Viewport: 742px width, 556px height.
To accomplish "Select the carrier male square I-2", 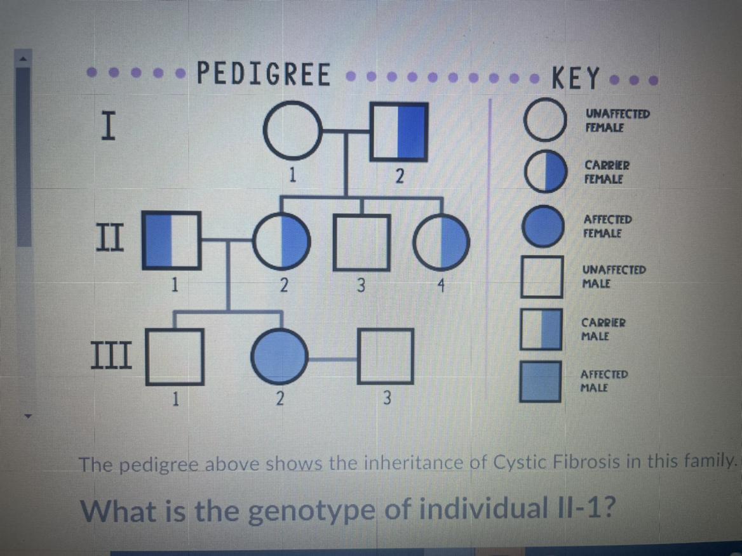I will pyautogui.click(x=398, y=131).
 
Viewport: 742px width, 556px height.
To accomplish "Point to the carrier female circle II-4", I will pyautogui.click(x=442, y=242).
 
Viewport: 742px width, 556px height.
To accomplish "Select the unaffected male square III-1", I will pyautogui.click(x=175, y=356).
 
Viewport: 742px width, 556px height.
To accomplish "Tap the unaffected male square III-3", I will pyautogui.click(x=386, y=356).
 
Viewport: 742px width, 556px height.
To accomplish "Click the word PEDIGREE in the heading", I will pyautogui.click(x=264, y=74).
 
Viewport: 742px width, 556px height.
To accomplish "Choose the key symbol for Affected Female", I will pyautogui.click(x=543, y=226).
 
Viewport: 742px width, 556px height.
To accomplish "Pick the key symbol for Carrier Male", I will pyautogui.click(x=542, y=329).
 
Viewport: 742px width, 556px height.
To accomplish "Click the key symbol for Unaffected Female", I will pyautogui.click(x=544, y=121).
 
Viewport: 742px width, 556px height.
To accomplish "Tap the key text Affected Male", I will pyautogui.click(x=604, y=380).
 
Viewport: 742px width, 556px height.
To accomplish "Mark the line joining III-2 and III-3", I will pyautogui.click(x=333, y=359).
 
